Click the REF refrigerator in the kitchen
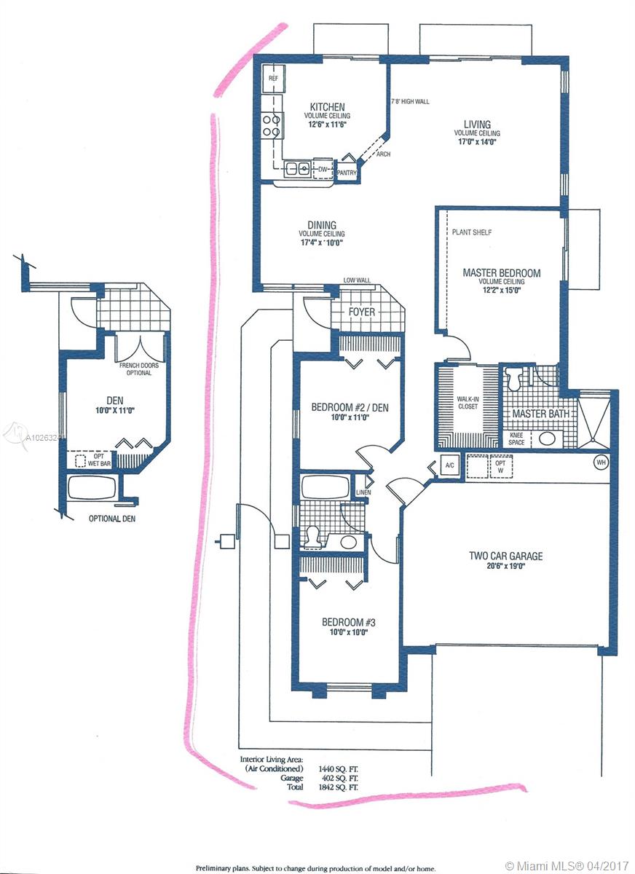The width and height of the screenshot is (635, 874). point(273,79)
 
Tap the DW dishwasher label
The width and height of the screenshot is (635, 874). point(323,169)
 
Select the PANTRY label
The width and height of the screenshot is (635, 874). point(347,173)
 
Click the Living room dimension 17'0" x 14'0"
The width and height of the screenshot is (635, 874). point(477,141)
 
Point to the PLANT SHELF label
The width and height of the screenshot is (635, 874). point(472,232)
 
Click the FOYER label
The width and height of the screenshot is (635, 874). point(362,312)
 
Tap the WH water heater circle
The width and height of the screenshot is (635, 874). point(601,462)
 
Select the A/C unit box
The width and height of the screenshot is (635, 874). point(450,465)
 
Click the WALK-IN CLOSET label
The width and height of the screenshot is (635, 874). point(468,403)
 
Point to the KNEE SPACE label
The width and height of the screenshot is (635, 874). point(516,439)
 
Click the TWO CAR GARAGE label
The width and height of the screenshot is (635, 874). point(505,556)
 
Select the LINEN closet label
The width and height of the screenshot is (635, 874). point(363,492)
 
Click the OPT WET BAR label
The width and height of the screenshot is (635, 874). point(99,460)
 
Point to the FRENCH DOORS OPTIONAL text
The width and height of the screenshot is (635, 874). point(139,369)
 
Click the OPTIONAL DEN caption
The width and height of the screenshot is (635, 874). point(112,519)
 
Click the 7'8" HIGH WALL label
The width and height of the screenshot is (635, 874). point(410,101)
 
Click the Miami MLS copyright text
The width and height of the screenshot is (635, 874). point(567,866)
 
